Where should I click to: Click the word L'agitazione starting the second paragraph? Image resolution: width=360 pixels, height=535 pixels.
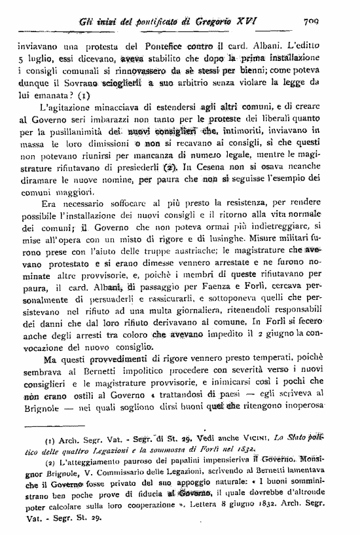pos(68,109)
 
